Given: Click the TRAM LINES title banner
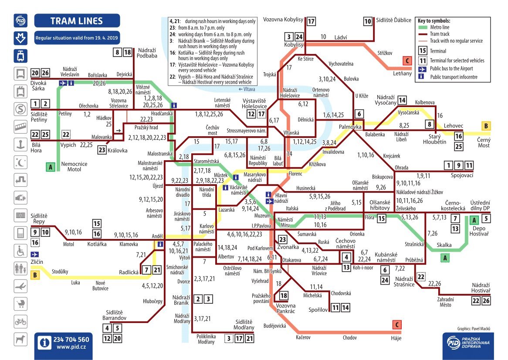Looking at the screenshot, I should [x=77, y=20].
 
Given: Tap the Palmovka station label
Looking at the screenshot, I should [x=350, y=127].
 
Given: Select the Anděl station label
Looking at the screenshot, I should [x=157, y=236].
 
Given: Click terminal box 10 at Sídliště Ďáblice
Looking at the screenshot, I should [x=368, y=21].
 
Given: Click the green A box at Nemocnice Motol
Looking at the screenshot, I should [x=51, y=166].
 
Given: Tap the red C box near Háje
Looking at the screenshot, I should [x=396, y=325].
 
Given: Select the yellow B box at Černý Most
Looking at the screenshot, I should [x=486, y=126].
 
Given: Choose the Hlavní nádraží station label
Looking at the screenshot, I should [x=281, y=198].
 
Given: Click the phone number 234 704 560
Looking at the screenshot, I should [x=71, y=340].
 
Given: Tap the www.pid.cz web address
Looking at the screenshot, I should [x=71, y=347].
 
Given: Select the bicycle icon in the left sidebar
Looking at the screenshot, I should [x=20, y=322].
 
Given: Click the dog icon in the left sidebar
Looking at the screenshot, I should [x=20, y=340].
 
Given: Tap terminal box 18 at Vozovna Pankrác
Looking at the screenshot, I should [x=284, y=296].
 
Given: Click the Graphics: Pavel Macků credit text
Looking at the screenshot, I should [x=474, y=330].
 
